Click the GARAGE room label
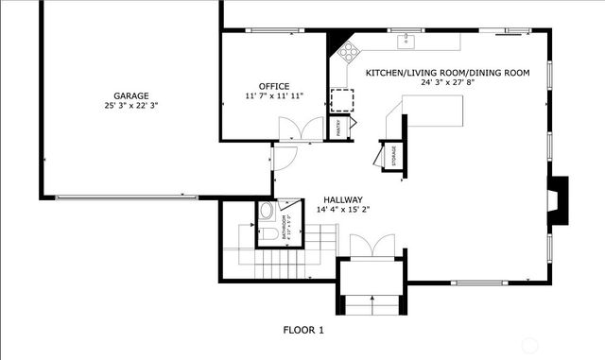click(130, 95)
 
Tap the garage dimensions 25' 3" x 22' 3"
click(130, 106)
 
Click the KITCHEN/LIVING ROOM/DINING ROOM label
click(447, 73)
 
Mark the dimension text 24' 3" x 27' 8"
click(447, 82)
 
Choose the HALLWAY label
click(343, 199)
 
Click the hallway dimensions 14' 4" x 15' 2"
click(343, 210)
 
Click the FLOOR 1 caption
click(303, 330)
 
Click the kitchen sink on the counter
click(407, 40)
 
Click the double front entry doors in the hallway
click(369, 246)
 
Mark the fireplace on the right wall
click(562, 199)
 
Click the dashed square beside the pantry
click(339, 100)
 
